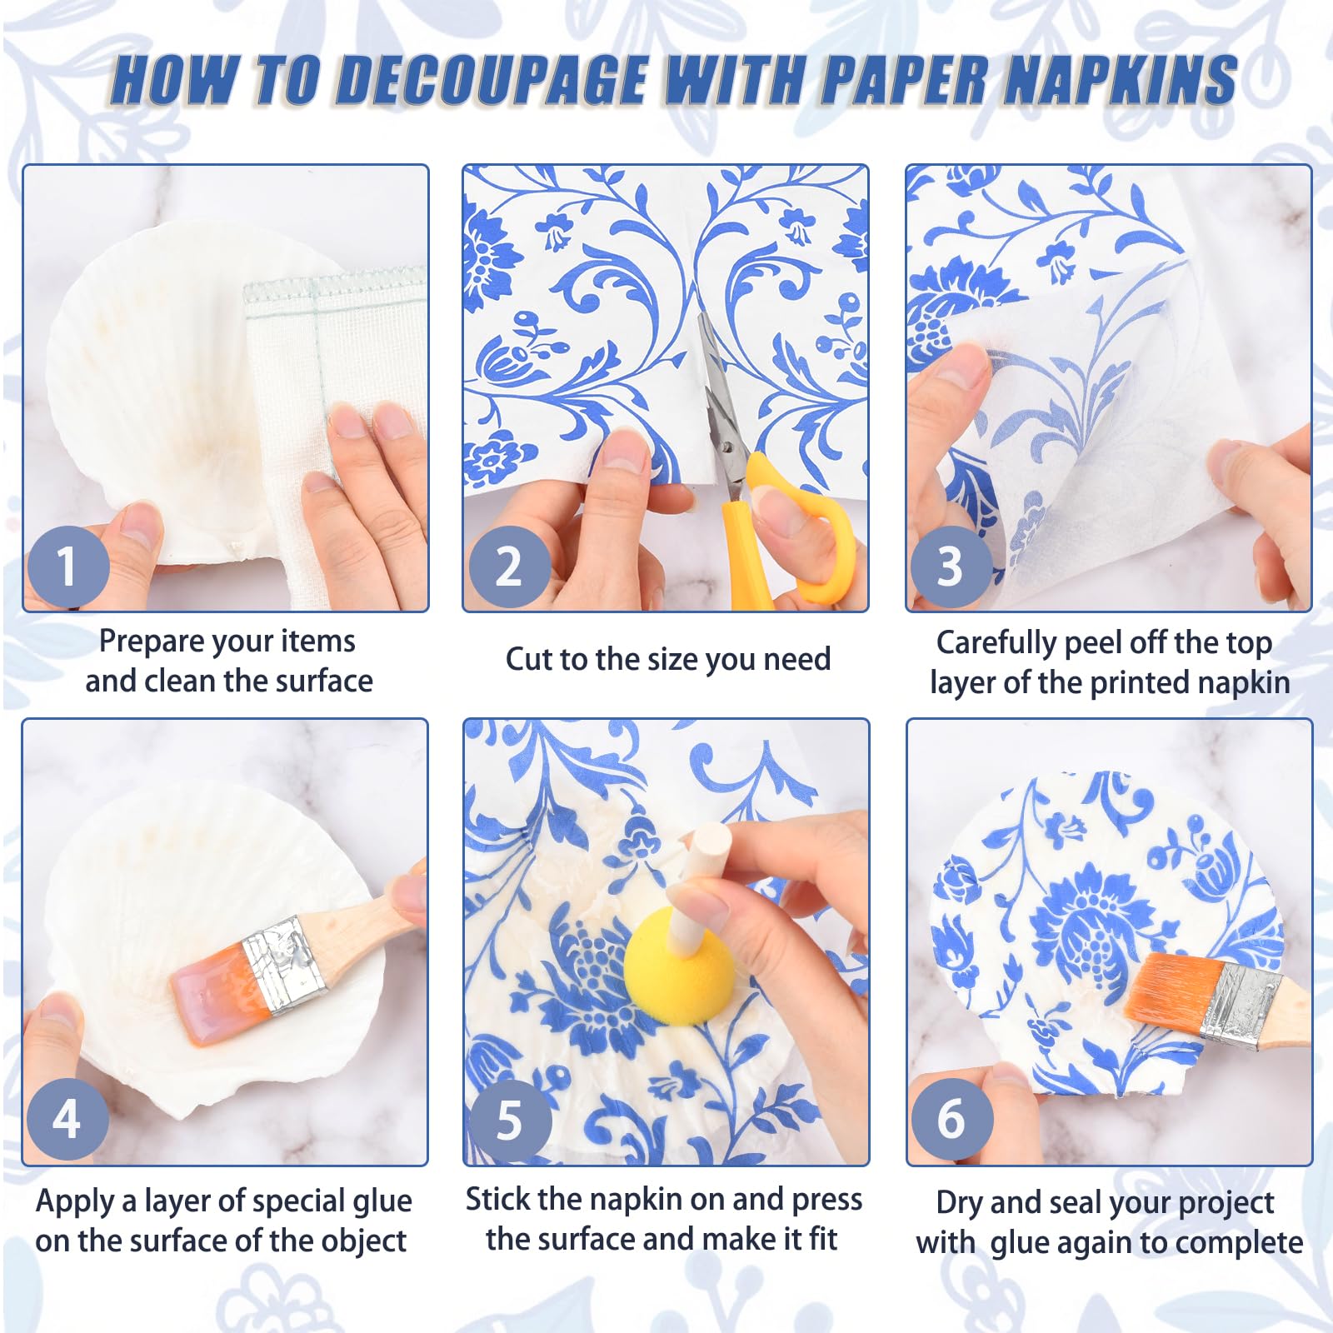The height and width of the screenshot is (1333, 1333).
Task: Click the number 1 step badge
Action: point(68,567)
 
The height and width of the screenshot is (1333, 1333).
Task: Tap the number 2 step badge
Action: point(509,567)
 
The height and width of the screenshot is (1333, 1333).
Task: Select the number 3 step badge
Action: point(951,567)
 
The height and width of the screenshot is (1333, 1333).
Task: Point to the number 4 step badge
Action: point(68,1119)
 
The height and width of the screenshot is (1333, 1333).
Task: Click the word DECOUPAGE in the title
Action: point(492,81)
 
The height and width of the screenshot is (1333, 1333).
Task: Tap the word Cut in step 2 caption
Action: point(529,659)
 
